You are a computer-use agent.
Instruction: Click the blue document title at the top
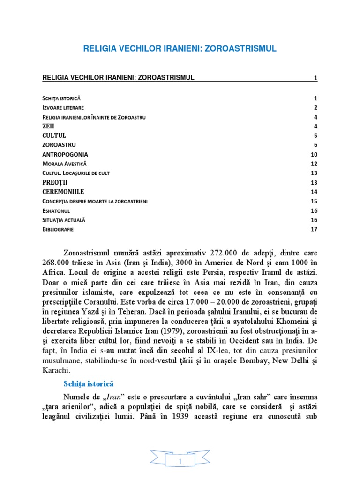tap(180, 48)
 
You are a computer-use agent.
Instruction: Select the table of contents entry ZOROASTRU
tap(59, 145)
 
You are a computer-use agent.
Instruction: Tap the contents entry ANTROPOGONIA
tap(65, 154)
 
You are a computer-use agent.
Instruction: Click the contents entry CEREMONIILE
tap(63, 192)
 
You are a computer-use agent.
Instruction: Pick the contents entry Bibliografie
tap(58, 230)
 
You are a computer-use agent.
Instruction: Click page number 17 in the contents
tap(314, 229)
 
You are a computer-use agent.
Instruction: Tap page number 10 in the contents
tap(314, 154)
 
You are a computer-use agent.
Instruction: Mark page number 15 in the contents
tap(314, 201)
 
